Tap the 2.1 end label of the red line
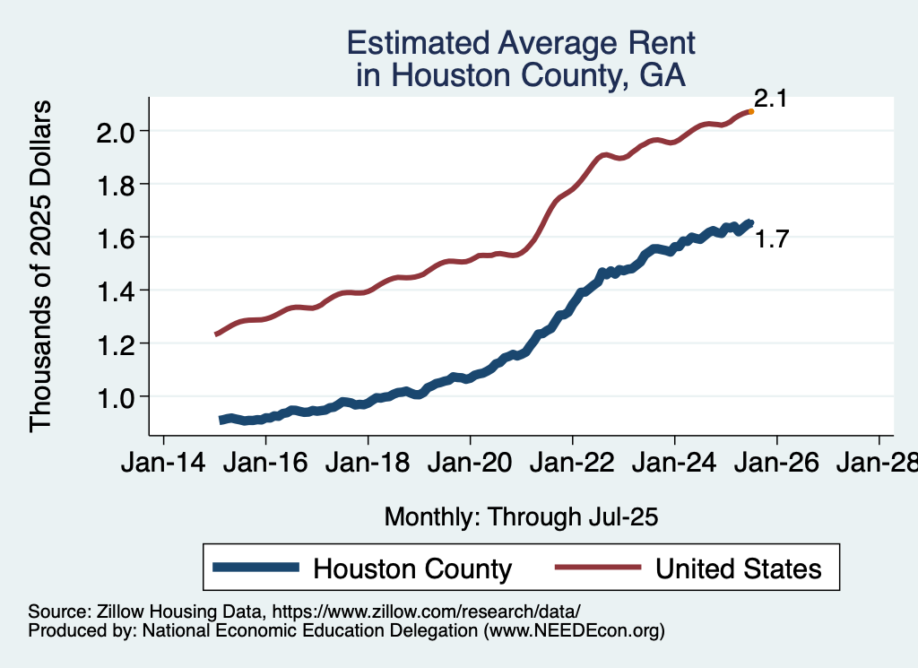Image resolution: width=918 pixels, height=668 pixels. tap(769, 99)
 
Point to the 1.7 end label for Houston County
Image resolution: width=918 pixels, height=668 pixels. tap(771, 239)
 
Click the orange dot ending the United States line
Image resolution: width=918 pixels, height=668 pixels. tap(750, 111)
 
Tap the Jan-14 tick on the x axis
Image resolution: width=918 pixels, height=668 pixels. tap(163, 464)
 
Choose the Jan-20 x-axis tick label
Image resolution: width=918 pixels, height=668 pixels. tap(471, 464)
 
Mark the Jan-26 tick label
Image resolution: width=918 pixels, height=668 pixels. tap(776, 464)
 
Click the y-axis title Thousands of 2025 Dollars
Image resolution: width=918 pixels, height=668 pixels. tap(41, 265)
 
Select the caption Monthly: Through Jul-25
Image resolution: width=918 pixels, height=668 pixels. tap(522, 516)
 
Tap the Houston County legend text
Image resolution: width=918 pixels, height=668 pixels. tap(411, 568)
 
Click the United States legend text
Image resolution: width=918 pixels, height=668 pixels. tap(738, 568)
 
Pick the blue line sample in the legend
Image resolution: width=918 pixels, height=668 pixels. tap(256, 568)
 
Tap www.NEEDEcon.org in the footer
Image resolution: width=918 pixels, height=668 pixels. tap(574, 630)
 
